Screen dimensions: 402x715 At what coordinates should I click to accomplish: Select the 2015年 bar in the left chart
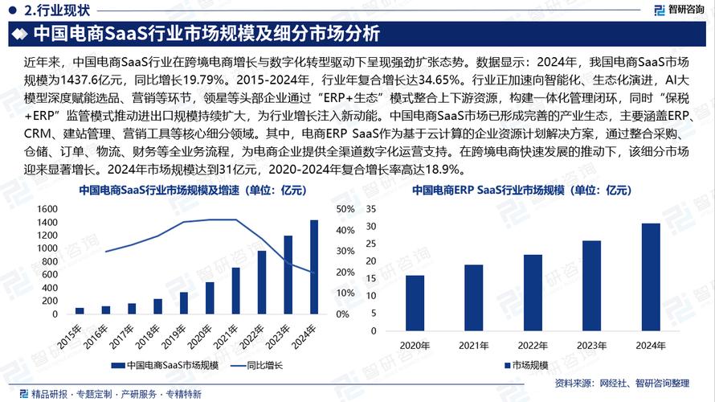pos(80,310)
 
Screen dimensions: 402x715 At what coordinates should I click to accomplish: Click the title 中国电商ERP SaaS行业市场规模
pos(521,191)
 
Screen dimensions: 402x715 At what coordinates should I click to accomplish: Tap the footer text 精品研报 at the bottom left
pos(49,393)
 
